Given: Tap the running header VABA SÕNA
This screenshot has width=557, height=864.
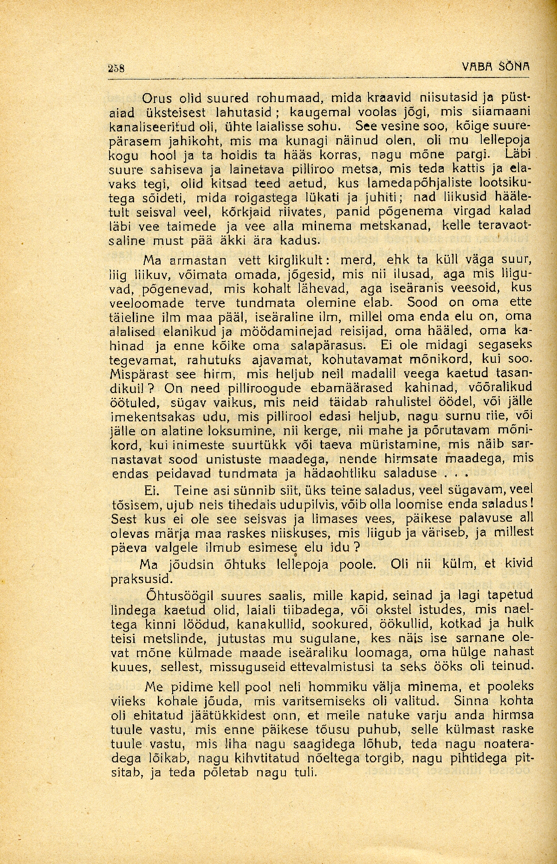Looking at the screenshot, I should [x=496, y=67].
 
